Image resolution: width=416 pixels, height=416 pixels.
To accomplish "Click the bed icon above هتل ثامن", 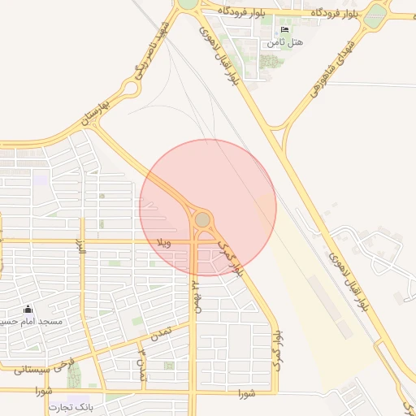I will click(284, 29).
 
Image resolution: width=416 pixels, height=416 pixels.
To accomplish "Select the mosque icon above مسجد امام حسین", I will click(28, 310).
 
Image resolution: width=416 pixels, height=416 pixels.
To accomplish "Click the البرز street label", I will click(80, 247).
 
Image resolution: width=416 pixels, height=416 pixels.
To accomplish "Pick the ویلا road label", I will click(162, 242).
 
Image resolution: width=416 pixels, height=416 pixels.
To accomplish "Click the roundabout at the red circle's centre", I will click(202, 219).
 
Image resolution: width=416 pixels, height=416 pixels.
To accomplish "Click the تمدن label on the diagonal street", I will click(159, 334).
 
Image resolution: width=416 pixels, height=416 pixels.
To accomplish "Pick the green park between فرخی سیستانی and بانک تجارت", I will click(74, 376).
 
